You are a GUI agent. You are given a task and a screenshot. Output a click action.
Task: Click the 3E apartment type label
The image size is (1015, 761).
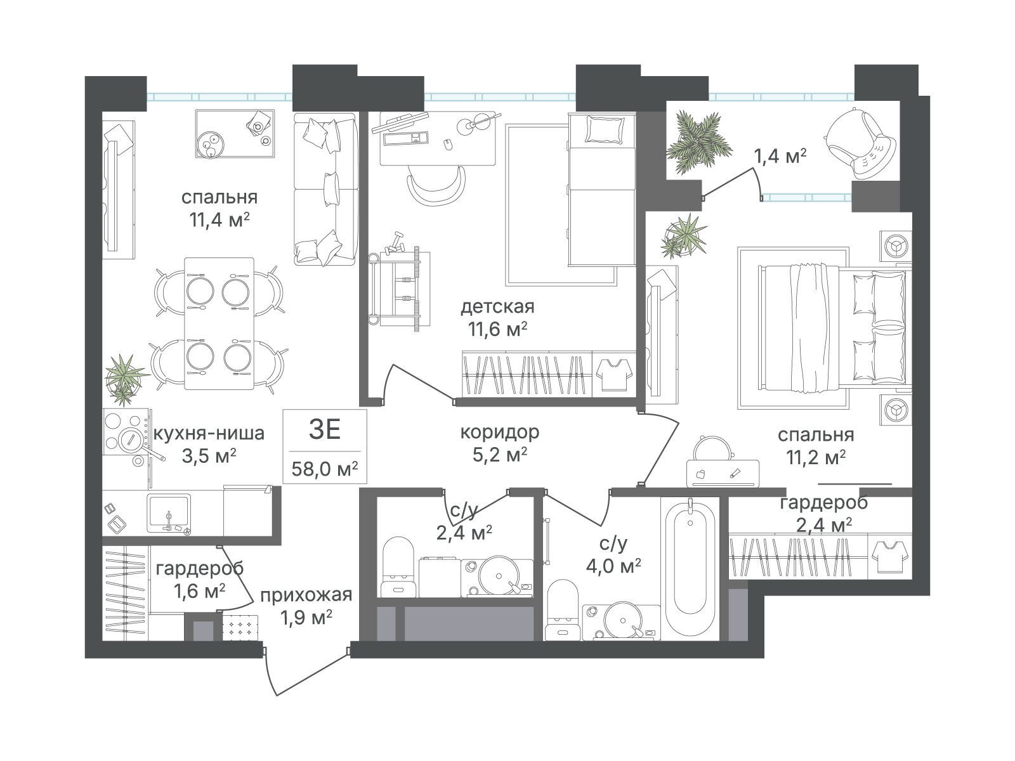(x=325, y=430)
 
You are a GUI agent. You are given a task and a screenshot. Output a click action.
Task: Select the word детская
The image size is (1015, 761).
(x=497, y=306)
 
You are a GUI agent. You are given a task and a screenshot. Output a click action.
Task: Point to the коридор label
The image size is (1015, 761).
(x=499, y=432)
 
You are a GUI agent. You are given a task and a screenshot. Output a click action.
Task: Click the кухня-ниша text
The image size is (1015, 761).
(x=209, y=433)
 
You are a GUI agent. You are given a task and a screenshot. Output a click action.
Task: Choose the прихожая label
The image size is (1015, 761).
(x=306, y=595)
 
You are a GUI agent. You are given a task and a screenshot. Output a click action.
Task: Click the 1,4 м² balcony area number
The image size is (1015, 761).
(x=780, y=157)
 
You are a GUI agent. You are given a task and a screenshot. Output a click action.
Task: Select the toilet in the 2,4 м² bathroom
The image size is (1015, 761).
(x=398, y=568)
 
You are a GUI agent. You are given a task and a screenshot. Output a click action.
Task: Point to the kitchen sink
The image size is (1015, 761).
(x=168, y=513)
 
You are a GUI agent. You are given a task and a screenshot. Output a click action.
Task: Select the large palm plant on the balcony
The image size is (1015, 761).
(x=698, y=143)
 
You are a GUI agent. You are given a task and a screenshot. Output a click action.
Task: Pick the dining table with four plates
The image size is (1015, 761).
(x=219, y=323)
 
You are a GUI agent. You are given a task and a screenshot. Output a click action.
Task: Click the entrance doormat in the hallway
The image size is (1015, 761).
(x=240, y=627)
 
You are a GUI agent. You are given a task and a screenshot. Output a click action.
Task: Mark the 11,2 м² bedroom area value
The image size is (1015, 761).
(x=816, y=458)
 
